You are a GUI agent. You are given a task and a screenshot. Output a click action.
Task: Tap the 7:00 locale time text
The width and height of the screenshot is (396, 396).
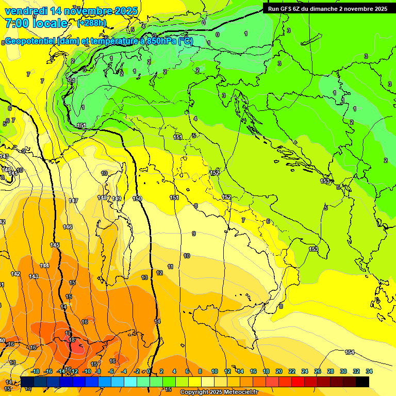(x=36, y=23)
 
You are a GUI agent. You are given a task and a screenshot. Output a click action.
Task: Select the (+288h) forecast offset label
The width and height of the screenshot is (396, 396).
(x=92, y=23)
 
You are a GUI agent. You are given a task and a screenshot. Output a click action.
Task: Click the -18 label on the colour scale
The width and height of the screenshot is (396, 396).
(x=36, y=371)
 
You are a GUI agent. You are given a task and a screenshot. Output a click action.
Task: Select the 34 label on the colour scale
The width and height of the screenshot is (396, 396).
(x=369, y=371)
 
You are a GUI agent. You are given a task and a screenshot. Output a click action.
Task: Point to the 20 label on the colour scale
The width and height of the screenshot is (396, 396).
(x=279, y=371)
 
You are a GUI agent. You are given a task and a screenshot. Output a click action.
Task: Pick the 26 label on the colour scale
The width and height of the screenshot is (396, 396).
(x=318, y=371)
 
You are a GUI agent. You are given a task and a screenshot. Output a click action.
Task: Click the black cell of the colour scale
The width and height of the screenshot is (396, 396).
(x=362, y=382)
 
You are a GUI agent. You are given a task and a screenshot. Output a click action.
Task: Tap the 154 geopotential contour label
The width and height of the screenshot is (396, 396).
(x=350, y=352)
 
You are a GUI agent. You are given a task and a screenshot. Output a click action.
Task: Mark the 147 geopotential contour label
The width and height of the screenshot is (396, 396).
(x=73, y=201)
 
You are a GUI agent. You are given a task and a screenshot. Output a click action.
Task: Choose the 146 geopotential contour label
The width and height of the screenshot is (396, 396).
(x=68, y=227)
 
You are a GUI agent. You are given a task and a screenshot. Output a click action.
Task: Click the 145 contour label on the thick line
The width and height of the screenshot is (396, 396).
(x=55, y=245)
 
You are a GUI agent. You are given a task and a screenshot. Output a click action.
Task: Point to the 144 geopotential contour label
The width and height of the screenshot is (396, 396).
(x=44, y=266)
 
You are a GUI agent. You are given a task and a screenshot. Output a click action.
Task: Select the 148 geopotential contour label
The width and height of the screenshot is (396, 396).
(x=102, y=197)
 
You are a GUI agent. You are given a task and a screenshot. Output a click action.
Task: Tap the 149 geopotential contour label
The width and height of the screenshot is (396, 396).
(x=117, y=199)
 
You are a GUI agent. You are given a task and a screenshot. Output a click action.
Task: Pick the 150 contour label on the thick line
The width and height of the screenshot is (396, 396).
(x=137, y=199)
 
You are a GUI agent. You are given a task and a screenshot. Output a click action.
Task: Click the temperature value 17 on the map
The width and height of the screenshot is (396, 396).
(x=69, y=334)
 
